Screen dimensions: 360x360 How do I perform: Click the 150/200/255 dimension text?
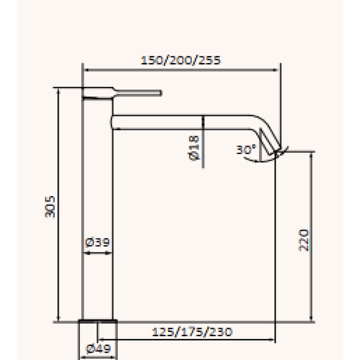(181, 60)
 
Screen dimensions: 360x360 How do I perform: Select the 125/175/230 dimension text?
(192, 332)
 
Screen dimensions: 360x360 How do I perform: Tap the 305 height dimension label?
(50, 207)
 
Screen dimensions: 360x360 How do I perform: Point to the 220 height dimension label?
(303, 240)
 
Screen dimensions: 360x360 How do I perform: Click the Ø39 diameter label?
(97, 242)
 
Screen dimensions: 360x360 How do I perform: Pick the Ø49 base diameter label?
(98, 349)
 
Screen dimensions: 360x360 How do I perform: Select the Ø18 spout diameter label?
(194, 148)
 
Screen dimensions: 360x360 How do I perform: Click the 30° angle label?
(246, 149)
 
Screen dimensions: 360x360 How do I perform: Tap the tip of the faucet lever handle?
(161, 93)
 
